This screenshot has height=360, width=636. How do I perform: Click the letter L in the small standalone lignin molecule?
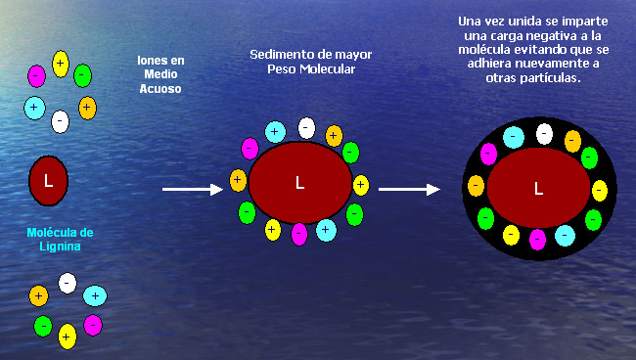(x=48, y=180)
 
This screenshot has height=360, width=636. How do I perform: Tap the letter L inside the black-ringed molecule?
(x=539, y=188)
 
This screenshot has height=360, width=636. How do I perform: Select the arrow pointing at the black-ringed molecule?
(x=409, y=189)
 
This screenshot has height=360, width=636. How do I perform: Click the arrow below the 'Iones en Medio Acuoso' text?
(x=193, y=189)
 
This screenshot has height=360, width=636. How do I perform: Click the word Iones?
(x=152, y=61)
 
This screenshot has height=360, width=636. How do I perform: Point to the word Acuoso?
(x=160, y=89)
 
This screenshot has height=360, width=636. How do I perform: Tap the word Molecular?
(x=328, y=68)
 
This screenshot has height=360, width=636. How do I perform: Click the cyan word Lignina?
(x=60, y=247)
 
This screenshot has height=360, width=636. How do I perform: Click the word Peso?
(x=282, y=68)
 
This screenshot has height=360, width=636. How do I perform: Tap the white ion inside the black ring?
(x=544, y=134)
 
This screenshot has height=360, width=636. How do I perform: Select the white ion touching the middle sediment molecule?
(x=306, y=128)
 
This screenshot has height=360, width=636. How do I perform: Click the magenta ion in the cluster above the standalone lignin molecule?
(x=36, y=76)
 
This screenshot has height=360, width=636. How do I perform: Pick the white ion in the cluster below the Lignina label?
(x=68, y=283)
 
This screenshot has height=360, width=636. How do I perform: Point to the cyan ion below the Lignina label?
(x=95, y=296)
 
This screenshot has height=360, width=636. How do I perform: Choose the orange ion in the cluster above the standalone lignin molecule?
(x=87, y=108)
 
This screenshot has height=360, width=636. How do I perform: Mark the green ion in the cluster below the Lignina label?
(x=43, y=327)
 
